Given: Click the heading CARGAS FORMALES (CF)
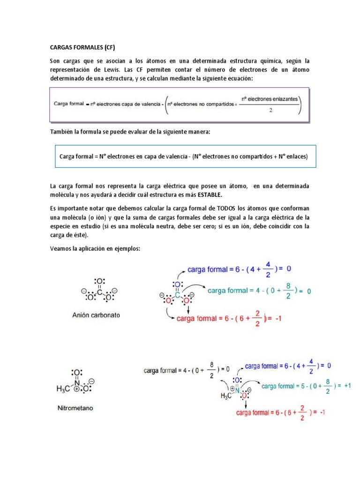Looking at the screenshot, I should pyautogui.click(x=82, y=47).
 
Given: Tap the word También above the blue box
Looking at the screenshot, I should pyautogui.click(x=62, y=132).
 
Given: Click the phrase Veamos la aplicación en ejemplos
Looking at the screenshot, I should pyautogui.click(x=95, y=249).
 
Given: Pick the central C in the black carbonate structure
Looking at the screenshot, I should pyautogui.click(x=99, y=292).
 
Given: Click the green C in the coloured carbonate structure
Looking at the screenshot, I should pyautogui.click(x=177, y=295).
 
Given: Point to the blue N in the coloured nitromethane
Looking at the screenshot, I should pyautogui.click(x=237, y=390).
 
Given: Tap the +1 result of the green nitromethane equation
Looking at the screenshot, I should pyautogui.click(x=347, y=386).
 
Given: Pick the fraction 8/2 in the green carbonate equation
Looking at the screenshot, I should pyautogui.click(x=289, y=291).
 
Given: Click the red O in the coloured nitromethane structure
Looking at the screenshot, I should pyautogui.click(x=244, y=396).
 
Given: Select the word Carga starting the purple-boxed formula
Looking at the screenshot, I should pyautogui.click(x=62, y=103).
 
